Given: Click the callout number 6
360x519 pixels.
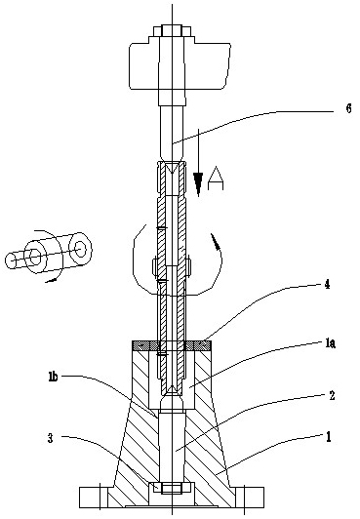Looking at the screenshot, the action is tap(348, 108).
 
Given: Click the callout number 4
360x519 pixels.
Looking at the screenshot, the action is tap(327, 284).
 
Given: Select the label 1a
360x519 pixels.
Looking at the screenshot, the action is tap(330, 344).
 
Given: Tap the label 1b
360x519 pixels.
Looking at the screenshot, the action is tap(53, 377).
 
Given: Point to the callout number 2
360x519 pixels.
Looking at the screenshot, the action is tap(332, 396).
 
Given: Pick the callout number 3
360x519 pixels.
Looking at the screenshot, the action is tap(51, 439).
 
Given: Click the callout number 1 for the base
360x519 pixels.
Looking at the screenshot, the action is tap(328, 437).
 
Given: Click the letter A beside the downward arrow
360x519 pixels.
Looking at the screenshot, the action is tap(216, 179).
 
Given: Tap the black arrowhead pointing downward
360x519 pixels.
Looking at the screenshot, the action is tap(198, 183).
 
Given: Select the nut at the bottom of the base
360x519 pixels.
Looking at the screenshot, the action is tap(172, 488).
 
